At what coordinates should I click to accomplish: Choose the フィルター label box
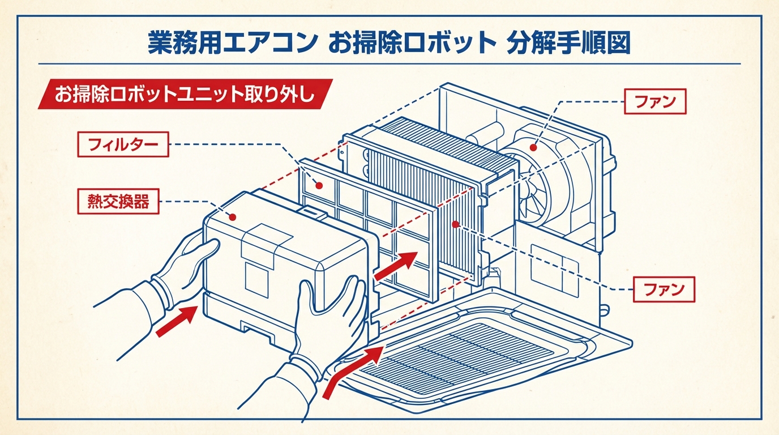(x=123, y=145)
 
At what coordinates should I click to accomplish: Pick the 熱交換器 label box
(x=118, y=202)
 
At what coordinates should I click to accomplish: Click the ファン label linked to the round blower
(x=655, y=103)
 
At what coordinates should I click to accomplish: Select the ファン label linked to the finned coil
(x=663, y=289)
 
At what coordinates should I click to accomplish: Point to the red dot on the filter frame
(x=319, y=185)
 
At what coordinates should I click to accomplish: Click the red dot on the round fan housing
(x=533, y=148)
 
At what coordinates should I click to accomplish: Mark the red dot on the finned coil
(x=455, y=224)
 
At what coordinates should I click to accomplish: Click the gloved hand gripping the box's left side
(x=181, y=272)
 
